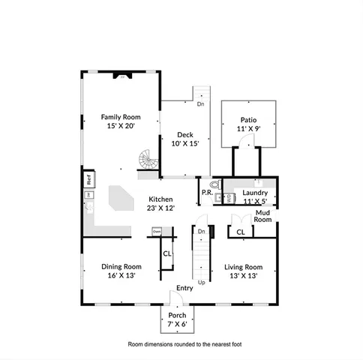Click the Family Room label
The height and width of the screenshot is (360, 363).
pyautogui.click(x=121, y=117)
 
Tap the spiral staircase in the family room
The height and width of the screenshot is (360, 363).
pyautogui.click(x=146, y=160)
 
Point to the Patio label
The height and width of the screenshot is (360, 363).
pyautogui.click(x=248, y=120)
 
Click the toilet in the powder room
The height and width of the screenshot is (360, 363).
pyautogui.click(x=214, y=183)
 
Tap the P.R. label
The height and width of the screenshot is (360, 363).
pyautogui.click(x=206, y=193)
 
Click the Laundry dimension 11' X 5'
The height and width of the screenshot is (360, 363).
pyautogui.click(x=256, y=200)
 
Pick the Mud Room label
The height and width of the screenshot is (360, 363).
pyautogui.click(x=262, y=216)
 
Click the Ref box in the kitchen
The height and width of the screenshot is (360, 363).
pyautogui.click(x=88, y=180)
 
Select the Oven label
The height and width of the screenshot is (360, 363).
pyautogui.click(x=157, y=232)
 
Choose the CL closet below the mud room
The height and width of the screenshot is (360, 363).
pyautogui.click(x=240, y=232)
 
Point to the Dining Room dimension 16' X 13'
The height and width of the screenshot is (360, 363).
pyautogui.click(x=121, y=275)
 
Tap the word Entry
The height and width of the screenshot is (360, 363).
pyautogui.click(x=184, y=288)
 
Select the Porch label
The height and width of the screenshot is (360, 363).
pyautogui.click(x=177, y=315)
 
